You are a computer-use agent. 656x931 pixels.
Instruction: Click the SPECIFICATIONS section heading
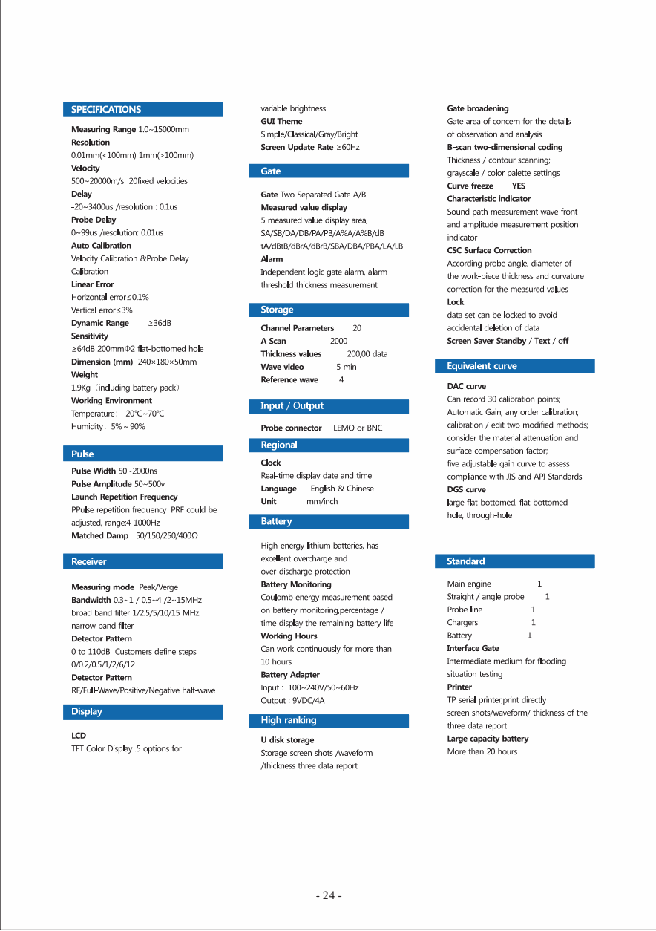[106, 109]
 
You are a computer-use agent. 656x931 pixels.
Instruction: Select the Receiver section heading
[89, 562]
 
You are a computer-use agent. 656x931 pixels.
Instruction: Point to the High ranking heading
[289, 720]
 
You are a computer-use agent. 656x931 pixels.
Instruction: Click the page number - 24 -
[329, 895]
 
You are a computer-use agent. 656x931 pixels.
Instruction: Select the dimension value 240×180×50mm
[168, 362]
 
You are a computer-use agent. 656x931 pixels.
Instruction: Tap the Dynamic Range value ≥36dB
[160, 323]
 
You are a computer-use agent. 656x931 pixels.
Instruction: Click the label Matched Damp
[99, 535]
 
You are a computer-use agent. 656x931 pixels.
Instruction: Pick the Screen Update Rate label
[297, 147]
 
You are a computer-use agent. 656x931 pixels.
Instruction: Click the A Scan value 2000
[338, 341]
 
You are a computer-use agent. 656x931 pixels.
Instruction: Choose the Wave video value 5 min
[347, 367]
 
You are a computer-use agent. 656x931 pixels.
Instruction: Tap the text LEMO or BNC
[358, 428]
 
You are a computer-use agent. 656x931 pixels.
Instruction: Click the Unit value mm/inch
[322, 501]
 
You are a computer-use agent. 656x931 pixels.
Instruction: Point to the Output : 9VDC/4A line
[293, 700]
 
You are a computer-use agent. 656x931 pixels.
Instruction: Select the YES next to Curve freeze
[519, 186]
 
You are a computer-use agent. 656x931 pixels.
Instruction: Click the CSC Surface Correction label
[489, 250]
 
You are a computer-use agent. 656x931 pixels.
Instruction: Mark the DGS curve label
[466, 489]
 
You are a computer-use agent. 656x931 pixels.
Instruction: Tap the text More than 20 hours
[482, 751]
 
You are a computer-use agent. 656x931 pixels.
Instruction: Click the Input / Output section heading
[292, 406]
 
